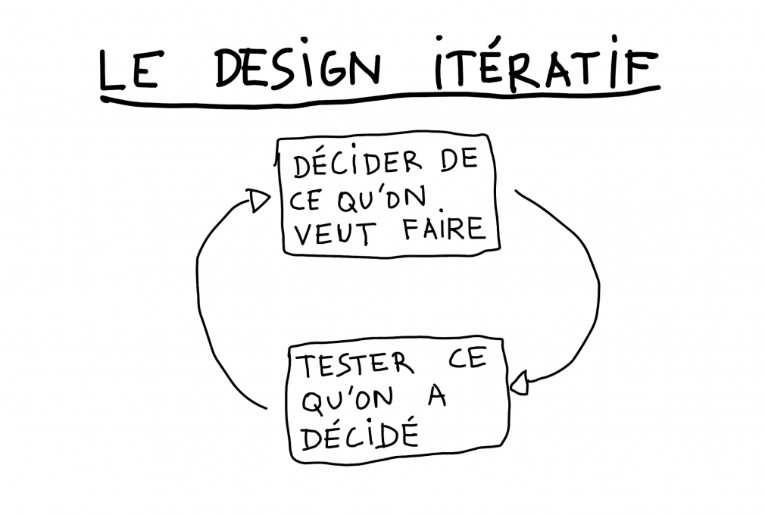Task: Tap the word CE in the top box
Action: pos(306,201)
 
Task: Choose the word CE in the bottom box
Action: pos(467,360)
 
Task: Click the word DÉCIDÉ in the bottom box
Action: pos(360,433)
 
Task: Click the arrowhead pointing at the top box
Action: pos(259,201)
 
